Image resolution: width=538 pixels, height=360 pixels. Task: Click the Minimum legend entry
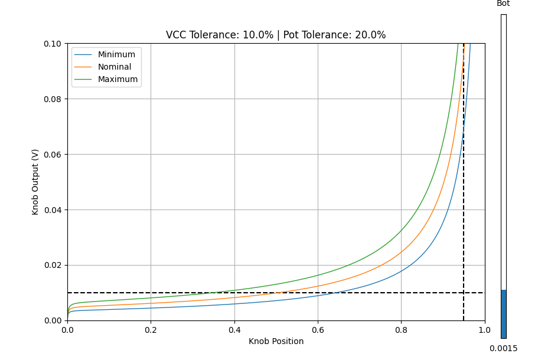click(116, 54)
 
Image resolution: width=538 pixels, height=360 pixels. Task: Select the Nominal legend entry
click(115, 67)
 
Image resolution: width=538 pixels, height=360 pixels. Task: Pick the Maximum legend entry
click(118, 79)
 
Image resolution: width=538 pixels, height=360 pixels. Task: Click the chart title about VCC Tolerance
click(276, 35)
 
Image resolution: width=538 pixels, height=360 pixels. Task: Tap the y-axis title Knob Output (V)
click(35, 182)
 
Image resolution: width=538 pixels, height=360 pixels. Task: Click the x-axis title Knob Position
click(276, 341)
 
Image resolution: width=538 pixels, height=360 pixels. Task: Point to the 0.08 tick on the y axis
click(53, 99)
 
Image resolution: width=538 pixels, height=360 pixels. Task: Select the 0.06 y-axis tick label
click(53, 154)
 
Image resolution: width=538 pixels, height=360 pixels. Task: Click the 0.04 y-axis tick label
click(53, 210)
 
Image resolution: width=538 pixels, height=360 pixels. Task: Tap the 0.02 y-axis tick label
click(53, 265)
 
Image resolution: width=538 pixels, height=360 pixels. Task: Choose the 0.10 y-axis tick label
click(53, 44)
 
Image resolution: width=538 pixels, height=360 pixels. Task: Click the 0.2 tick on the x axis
click(151, 329)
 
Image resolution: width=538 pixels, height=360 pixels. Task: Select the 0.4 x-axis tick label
click(234, 329)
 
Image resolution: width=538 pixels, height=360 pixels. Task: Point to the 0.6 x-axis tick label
click(318, 329)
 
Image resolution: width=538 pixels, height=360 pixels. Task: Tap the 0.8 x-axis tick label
click(401, 329)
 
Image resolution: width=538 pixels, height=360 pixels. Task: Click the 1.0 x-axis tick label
click(485, 329)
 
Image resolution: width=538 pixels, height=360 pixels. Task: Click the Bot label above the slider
click(503, 4)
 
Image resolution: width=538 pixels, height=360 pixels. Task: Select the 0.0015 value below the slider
click(503, 348)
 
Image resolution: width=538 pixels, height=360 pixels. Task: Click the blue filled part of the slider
click(503, 313)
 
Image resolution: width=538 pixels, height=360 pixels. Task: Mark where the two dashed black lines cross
click(464, 293)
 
